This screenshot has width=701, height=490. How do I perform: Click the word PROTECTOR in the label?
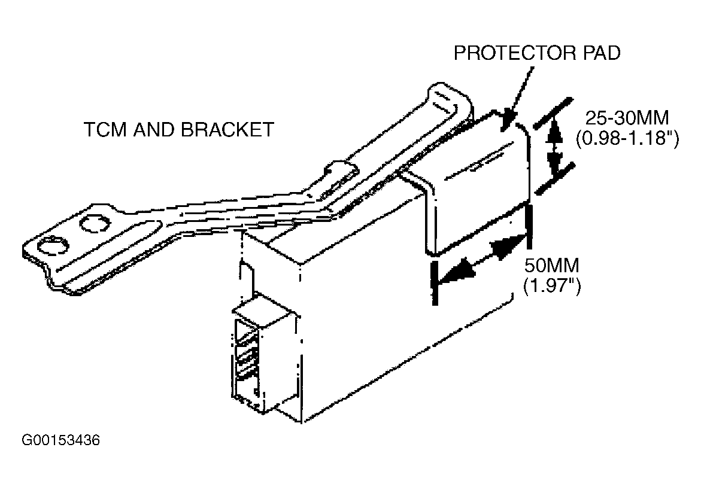coord(515,53)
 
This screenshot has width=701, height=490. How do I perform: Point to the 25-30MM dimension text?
coord(627,118)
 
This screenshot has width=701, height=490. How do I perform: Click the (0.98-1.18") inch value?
coord(628,138)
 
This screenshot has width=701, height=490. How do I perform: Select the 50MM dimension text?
coord(552,265)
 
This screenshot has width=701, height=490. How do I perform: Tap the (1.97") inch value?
coord(552,285)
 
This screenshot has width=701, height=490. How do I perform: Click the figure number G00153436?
coord(61,440)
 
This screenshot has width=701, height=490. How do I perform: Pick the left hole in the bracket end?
coord(53,246)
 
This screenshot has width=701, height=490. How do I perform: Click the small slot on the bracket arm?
coord(340,179)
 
